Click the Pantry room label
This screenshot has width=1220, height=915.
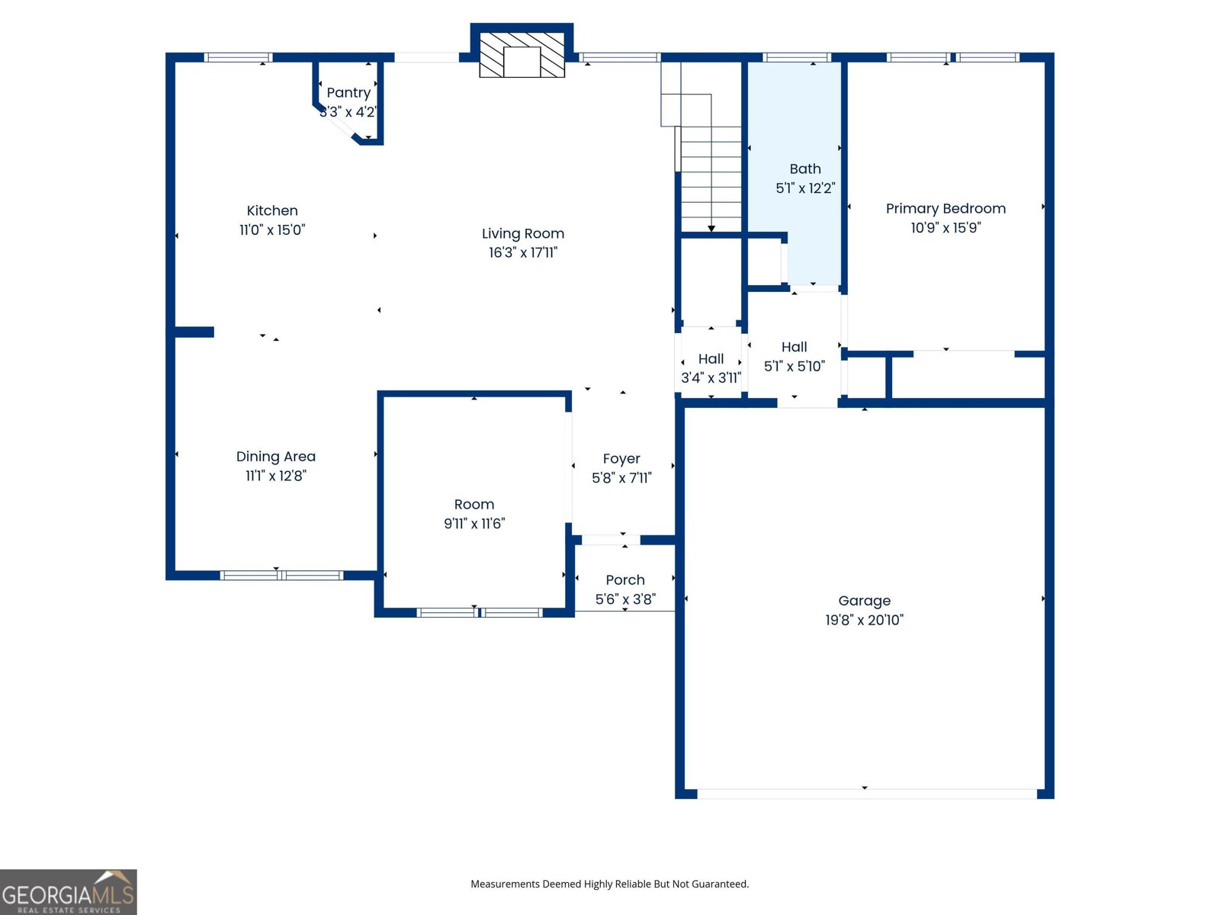[x=348, y=93]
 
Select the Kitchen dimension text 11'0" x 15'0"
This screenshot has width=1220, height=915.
[x=272, y=230]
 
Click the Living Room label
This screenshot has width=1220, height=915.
[x=523, y=233]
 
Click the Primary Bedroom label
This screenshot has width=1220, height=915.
[x=945, y=208]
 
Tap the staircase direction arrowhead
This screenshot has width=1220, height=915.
[x=711, y=228]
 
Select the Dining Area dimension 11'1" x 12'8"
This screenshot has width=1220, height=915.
[x=275, y=476]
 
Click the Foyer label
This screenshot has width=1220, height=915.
[x=621, y=458]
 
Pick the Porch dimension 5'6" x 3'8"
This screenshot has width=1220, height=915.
[x=625, y=599]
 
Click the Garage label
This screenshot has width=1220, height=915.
[x=864, y=601]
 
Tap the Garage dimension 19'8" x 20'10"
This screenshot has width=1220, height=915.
[x=864, y=620]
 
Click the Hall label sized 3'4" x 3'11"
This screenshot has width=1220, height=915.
[x=711, y=358]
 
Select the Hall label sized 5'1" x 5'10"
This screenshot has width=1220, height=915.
[x=794, y=347]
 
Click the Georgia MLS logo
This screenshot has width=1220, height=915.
[x=69, y=892]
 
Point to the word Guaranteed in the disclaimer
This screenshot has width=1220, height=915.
[x=721, y=884]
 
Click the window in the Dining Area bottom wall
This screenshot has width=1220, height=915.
[x=281, y=575]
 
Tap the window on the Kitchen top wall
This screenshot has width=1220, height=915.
[x=238, y=57]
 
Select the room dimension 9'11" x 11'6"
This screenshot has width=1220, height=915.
[x=474, y=524]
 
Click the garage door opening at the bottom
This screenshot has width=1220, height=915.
[x=866, y=794]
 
